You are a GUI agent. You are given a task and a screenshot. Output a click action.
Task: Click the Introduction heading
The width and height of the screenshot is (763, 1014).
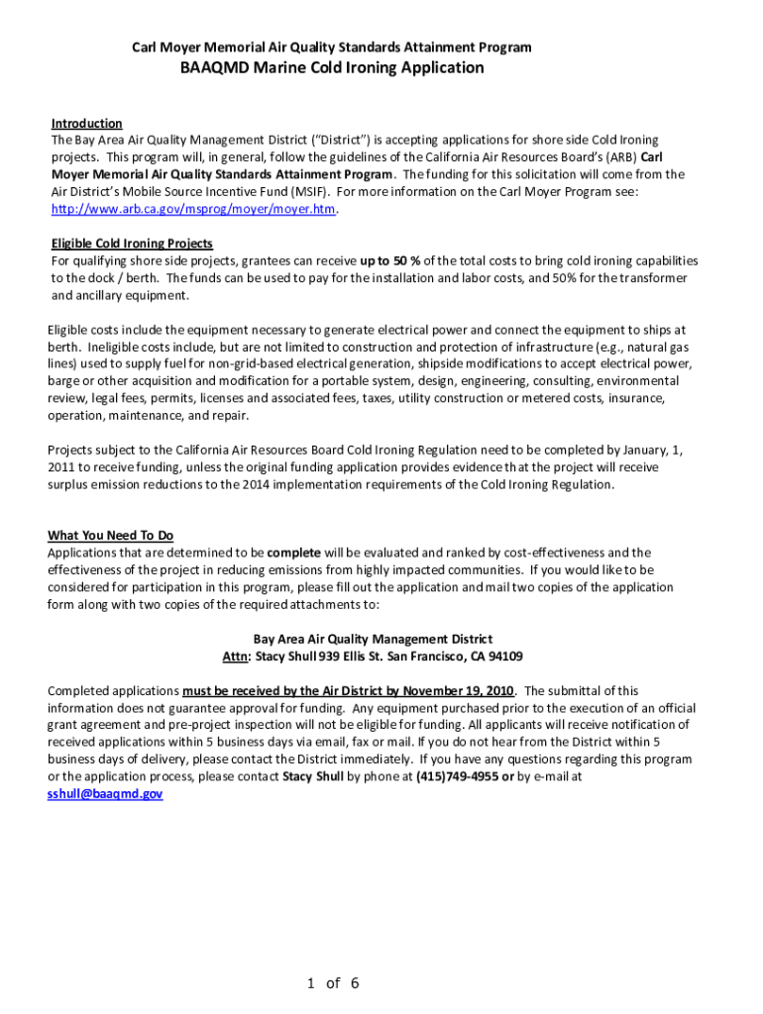[86, 124]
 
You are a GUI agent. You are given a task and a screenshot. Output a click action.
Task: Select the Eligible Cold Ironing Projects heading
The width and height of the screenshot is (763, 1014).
[132, 244]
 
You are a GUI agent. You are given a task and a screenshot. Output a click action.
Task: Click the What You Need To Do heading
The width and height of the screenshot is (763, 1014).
[110, 535]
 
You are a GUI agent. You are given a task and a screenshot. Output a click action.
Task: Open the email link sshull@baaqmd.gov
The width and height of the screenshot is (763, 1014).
[105, 794]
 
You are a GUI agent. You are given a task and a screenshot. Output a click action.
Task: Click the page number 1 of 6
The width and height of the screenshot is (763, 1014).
[333, 983]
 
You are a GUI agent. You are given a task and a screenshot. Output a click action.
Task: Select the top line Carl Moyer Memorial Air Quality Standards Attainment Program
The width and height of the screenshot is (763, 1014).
[332, 48]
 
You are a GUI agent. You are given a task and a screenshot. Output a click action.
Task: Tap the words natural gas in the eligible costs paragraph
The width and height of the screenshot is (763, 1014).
[657, 348]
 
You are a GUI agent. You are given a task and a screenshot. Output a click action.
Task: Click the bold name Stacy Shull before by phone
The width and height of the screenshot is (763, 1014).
[314, 777]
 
